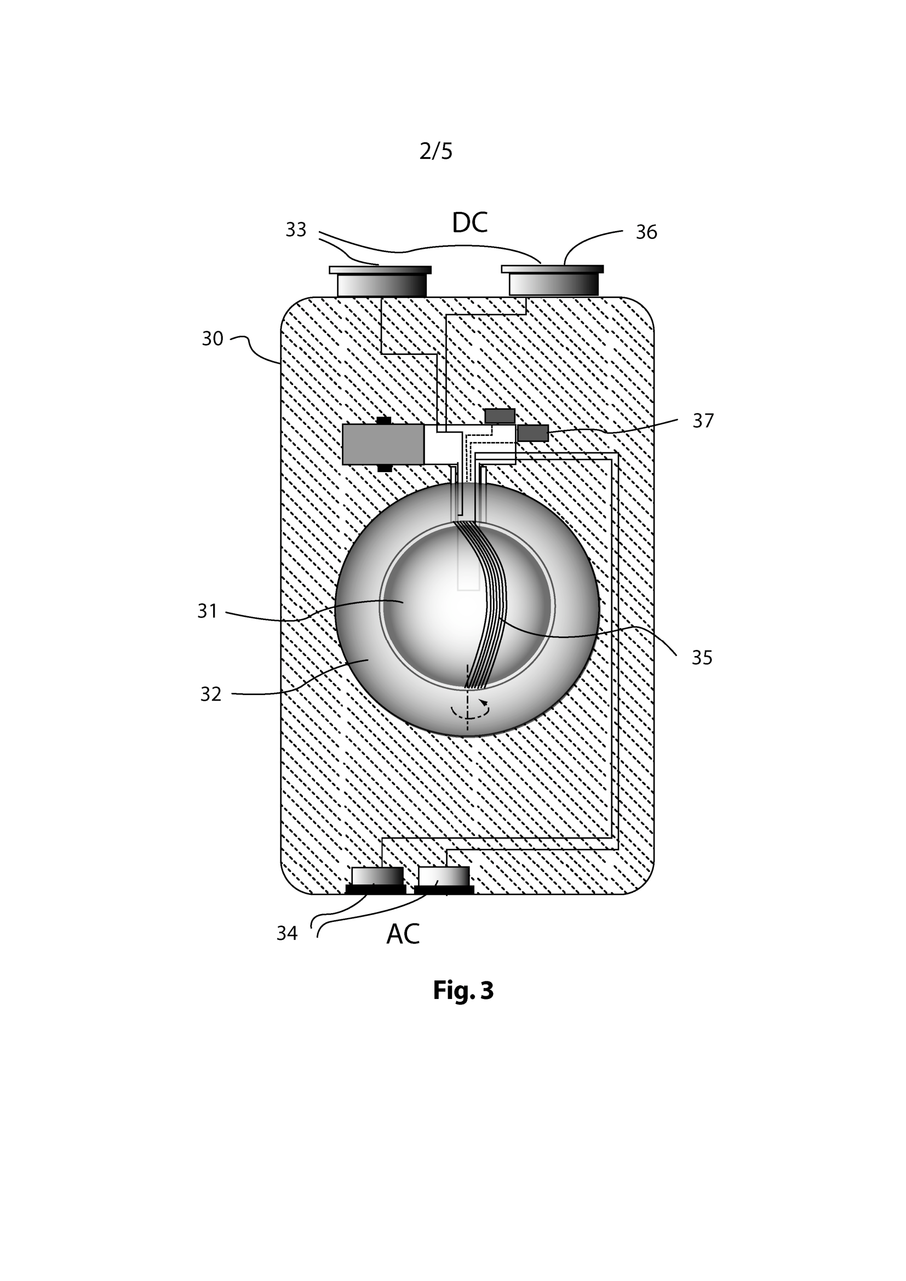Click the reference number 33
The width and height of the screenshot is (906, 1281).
click(296, 229)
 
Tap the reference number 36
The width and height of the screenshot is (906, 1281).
click(646, 232)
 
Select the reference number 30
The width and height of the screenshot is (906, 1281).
click(212, 338)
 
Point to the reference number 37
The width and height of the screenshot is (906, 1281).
click(703, 421)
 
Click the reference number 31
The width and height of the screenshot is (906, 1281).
click(207, 612)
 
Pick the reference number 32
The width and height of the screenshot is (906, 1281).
click(211, 694)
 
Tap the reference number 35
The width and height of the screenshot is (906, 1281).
click(702, 658)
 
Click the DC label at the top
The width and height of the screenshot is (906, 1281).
click(470, 222)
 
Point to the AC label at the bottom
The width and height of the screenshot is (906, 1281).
click(403, 934)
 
